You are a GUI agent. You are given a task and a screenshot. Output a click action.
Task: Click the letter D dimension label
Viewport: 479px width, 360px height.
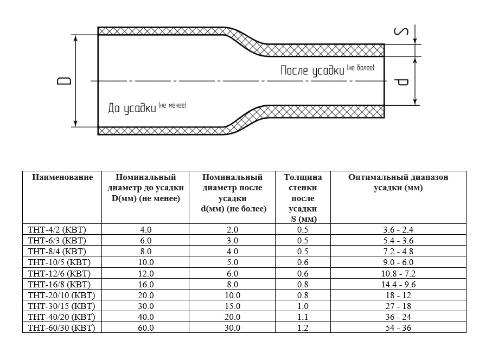tap(64, 81)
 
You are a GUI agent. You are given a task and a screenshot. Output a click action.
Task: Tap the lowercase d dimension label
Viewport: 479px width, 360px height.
tap(401, 82)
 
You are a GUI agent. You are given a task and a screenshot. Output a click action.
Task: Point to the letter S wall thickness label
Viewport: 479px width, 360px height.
tap(401, 31)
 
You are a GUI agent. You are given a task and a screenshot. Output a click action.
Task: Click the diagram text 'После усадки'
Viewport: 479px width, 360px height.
tap(312, 70)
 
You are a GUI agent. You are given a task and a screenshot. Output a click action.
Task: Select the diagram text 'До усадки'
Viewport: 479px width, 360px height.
tap(132, 108)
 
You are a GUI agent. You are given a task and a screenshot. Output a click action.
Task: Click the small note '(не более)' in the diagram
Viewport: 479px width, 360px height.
tap(361, 68)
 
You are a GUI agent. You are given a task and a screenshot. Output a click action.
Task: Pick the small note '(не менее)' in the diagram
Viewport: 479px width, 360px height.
tap(173, 105)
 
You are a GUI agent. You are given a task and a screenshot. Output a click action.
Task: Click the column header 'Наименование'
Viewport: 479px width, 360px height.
tap(62, 177)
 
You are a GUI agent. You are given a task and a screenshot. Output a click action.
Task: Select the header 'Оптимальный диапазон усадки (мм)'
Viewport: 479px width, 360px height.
tap(398, 182)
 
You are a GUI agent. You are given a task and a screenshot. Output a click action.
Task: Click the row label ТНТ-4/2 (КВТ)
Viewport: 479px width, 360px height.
tap(57, 230)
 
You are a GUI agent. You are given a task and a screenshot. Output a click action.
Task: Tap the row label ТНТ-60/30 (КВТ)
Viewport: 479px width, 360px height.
tap(61, 327)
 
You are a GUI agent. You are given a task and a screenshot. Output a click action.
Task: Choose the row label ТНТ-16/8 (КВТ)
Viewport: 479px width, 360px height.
tap(59, 284)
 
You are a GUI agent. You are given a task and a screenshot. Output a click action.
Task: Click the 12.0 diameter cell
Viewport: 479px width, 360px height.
tap(146, 274)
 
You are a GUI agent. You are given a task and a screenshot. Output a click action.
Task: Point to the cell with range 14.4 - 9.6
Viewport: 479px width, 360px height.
tap(398, 285)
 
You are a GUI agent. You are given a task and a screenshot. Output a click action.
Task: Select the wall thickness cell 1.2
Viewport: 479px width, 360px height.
tap(303, 328)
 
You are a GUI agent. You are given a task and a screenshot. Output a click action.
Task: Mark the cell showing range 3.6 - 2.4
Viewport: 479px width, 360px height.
tap(398, 230)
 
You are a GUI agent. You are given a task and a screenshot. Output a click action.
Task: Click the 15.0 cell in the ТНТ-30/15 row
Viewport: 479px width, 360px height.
tap(233, 306)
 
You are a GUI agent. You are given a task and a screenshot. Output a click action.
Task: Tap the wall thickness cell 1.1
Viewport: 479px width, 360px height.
tap(303, 317)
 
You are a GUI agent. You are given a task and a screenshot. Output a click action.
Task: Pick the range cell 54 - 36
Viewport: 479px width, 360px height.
tap(398, 328)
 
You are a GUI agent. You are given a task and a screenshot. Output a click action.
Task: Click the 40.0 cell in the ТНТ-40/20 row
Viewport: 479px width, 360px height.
tap(146, 317)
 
